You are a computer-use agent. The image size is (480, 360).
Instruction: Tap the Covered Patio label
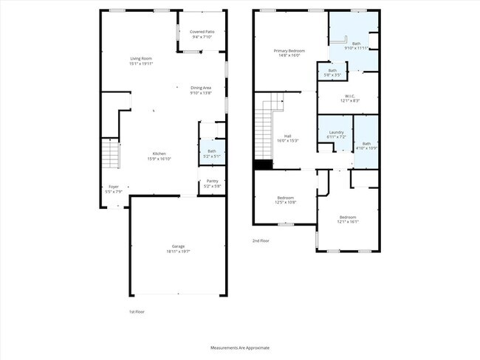pyautogui.click(x=202, y=32)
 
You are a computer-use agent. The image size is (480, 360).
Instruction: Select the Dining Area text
pyautogui.click(x=201, y=88)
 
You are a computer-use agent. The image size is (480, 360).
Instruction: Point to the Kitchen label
pyautogui.click(x=159, y=153)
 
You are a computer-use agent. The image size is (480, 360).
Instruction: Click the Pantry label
pyautogui.click(x=212, y=181)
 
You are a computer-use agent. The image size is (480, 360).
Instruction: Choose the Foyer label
pyautogui.click(x=113, y=187)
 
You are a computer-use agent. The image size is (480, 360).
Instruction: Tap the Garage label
pyautogui.click(x=179, y=246)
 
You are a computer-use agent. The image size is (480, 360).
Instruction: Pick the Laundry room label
pyautogui.click(x=336, y=133)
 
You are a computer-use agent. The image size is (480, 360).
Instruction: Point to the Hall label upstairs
pyautogui.click(x=288, y=136)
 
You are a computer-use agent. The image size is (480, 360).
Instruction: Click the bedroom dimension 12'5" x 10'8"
pyautogui.click(x=287, y=202)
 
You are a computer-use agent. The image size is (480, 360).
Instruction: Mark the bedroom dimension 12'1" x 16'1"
pyautogui.click(x=348, y=221)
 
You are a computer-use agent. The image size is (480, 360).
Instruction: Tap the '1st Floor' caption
pyautogui.click(x=137, y=311)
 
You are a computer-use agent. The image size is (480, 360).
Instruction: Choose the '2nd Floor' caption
pyautogui.click(x=261, y=240)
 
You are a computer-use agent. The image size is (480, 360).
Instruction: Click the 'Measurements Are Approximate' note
pyautogui.click(x=240, y=347)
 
